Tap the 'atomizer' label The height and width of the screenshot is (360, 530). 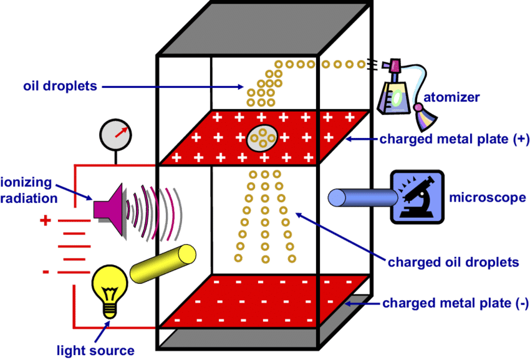451,97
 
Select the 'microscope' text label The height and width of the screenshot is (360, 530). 487,198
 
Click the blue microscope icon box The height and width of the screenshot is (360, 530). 417,197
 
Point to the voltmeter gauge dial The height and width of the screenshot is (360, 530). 116,134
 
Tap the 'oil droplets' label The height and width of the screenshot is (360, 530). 59,86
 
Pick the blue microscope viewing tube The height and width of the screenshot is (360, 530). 362,198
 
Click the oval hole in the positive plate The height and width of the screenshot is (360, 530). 263,139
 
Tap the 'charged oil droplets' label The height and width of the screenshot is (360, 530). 453,262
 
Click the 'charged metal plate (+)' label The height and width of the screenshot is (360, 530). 454,139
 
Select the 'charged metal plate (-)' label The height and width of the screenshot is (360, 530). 455,304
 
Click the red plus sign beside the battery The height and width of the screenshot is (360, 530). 45,220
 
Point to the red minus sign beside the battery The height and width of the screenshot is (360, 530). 46,271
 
